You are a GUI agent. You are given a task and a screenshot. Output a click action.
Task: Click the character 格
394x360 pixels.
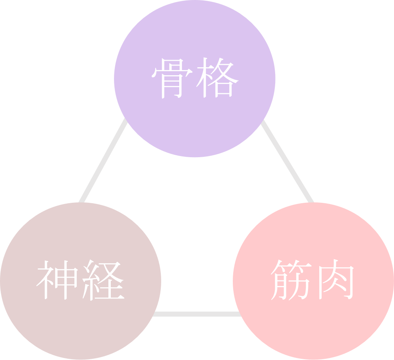pyautogui.click(x=217, y=78)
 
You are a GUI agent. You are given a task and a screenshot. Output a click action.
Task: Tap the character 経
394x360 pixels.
pyautogui.click(x=102, y=280)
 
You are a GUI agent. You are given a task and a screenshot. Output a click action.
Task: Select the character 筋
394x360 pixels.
pyautogui.click(x=291, y=280)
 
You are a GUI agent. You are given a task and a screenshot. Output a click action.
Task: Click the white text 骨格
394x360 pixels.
pyautogui.click(x=195, y=78)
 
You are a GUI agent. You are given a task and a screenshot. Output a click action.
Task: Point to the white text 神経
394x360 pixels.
pyautogui.click(x=80, y=280)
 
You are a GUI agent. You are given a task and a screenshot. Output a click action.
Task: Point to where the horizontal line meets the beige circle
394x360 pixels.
pyautogui.click(x=154, y=314)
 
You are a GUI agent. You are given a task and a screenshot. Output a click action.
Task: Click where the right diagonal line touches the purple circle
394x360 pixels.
pyautogui.click(x=263, y=121)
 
